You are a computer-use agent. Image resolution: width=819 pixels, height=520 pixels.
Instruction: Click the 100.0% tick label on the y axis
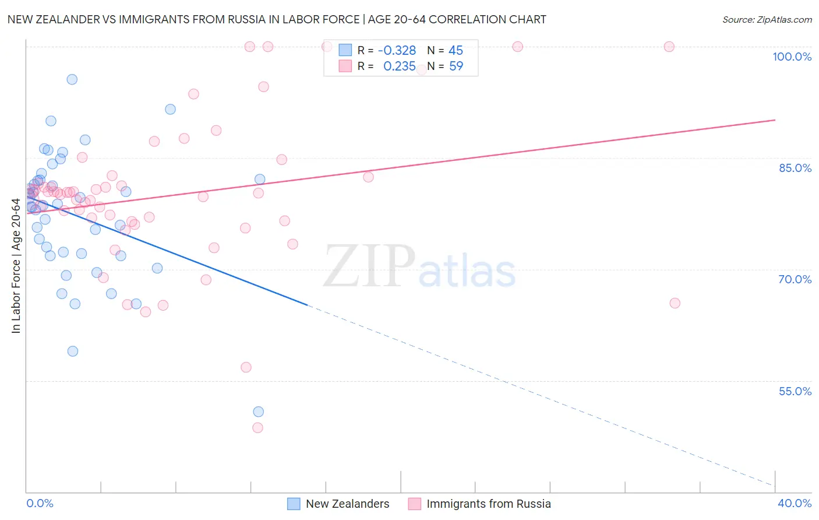pos(792,57)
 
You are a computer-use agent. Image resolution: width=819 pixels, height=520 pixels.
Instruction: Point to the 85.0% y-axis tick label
pos(795,168)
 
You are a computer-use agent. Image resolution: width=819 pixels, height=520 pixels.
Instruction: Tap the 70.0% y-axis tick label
pos(795,279)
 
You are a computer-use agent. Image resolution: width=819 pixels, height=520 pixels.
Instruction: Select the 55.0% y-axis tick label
pos(795,391)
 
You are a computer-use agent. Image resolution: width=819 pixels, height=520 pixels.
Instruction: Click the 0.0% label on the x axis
pos(40,503)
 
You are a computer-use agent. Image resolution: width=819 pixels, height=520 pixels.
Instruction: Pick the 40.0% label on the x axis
pos(794,503)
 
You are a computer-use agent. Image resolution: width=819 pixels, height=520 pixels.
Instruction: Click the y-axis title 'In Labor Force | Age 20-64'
pos(16,266)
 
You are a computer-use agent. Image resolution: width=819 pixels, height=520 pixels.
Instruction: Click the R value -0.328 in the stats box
pos(397,51)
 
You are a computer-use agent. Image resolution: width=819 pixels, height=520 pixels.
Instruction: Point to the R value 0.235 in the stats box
pos(399,66)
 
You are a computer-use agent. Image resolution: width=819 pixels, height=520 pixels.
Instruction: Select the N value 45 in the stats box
pos(456,51)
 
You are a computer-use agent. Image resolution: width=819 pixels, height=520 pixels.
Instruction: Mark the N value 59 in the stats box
pos(456,66)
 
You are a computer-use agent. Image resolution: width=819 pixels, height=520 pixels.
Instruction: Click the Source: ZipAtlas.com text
pos(767,20)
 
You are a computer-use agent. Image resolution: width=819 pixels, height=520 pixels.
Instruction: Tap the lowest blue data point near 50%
pos(258,412)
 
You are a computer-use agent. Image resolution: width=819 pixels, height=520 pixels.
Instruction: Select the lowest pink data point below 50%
pos(257,427)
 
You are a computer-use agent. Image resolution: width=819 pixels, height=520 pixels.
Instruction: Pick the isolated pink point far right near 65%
pos(675,303)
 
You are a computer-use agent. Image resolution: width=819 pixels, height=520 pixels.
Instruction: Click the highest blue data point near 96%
pos(72,79)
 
